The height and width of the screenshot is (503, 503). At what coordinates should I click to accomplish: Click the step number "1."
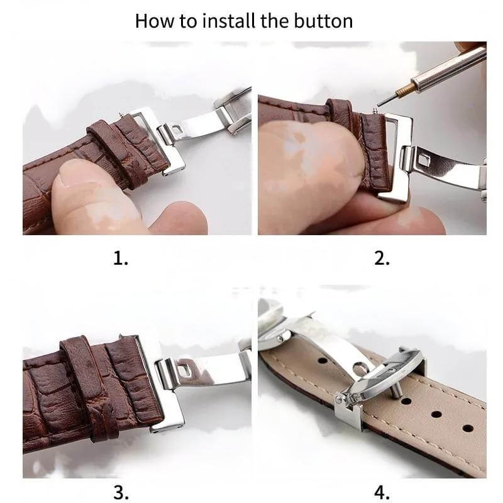coord(121,258)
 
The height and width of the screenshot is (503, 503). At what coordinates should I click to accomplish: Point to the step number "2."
coord(382,258)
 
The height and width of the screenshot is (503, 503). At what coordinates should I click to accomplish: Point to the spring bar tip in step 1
coord(121,114)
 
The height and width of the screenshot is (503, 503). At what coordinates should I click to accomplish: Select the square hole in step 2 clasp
coord(426,161)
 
